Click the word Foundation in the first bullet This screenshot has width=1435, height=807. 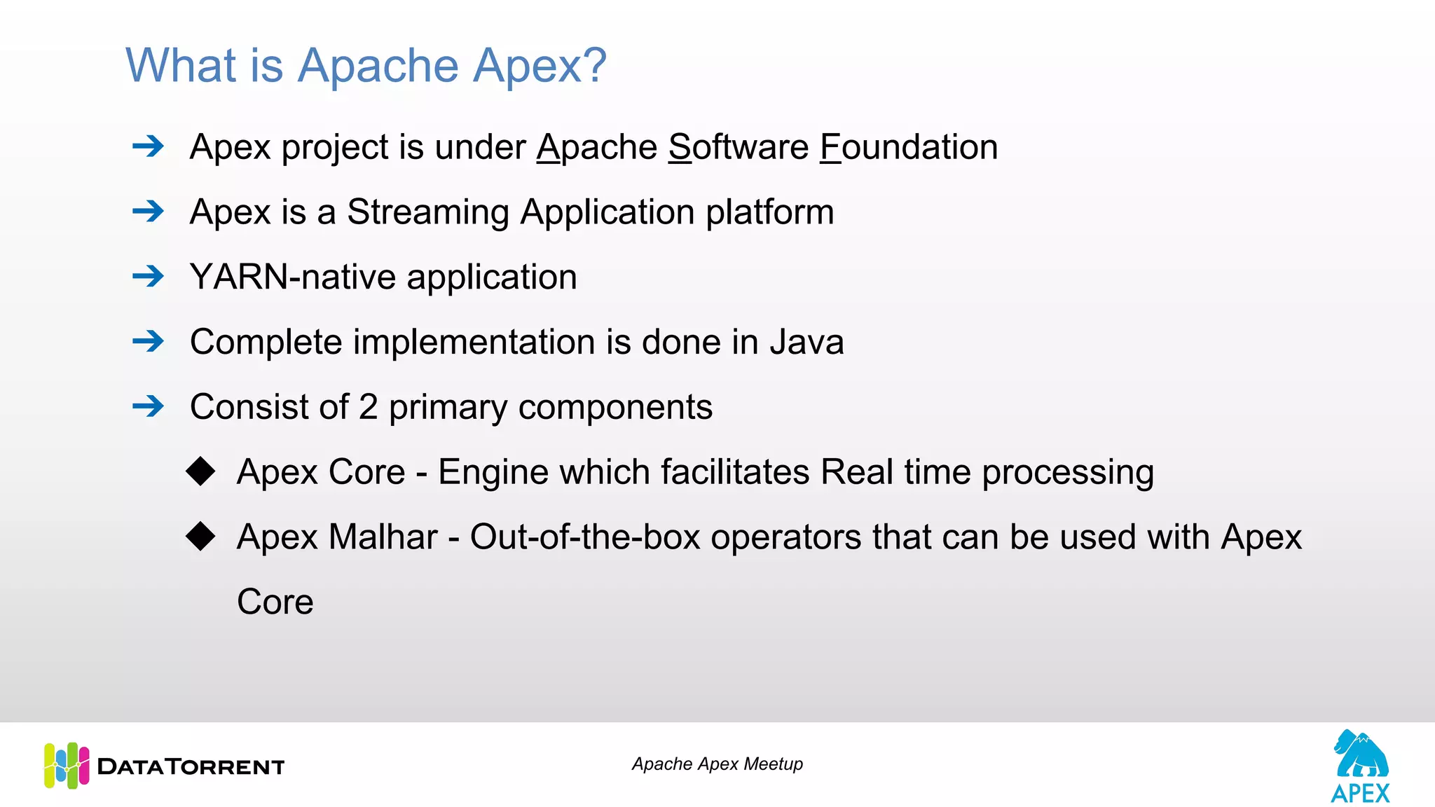[909, 147]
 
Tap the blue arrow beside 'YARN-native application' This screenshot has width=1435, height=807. [148, 276]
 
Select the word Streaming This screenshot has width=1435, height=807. [427, 212]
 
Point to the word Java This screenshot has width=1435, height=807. [806, 342]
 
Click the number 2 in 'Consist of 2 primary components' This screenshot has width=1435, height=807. [368, 407]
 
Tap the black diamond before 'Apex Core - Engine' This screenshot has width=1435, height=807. [200, 471]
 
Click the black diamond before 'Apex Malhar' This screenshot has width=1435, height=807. [200, 536]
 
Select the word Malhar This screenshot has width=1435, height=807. [383, 537]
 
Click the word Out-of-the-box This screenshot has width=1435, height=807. [585, 537]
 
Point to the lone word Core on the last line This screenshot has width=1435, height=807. [275, 602]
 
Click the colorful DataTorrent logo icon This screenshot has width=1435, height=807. [67, 765]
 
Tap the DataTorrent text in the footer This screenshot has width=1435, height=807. [191, 766]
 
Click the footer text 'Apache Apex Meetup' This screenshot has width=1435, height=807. [717, 764]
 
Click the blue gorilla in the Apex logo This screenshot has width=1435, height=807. [1360, 754]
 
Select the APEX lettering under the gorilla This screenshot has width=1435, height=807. [1360, 794]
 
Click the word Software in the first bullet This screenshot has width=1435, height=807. [739, 147]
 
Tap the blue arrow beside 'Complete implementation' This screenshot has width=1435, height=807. [148, 341]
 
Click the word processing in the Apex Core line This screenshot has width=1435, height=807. [1067, 473]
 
